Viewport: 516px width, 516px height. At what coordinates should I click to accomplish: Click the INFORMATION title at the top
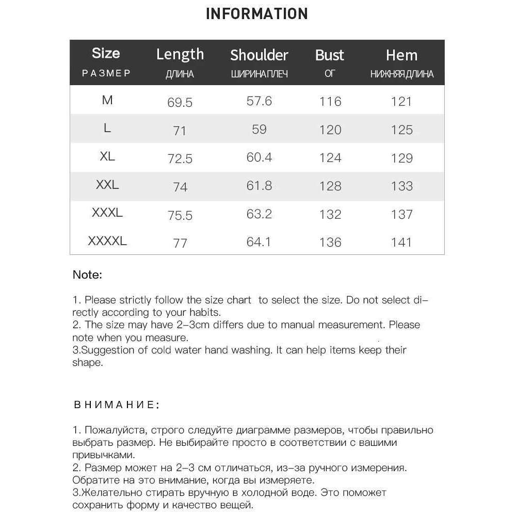256,13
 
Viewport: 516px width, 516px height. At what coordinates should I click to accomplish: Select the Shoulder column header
259,55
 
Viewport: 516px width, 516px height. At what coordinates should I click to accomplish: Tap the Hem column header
401,55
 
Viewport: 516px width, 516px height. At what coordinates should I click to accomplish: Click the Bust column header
329,55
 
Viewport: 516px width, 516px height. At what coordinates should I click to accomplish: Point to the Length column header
180,54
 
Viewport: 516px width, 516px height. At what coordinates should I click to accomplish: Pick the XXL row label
107,184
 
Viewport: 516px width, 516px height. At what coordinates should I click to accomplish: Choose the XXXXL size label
107,240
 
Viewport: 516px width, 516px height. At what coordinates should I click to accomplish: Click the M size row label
107,100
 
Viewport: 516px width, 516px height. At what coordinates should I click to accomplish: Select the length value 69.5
180,103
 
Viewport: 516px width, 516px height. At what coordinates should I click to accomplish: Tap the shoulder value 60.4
259,157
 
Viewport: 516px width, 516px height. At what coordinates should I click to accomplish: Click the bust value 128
330,185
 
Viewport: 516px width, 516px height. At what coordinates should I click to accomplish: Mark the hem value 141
401,241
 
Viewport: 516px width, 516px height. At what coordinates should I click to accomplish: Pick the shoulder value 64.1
259,241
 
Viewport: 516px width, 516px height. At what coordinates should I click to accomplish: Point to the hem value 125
401,130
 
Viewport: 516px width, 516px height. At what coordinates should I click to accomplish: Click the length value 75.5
180,215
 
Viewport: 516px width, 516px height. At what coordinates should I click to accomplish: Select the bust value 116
330,101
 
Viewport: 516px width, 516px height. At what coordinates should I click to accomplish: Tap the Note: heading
87,275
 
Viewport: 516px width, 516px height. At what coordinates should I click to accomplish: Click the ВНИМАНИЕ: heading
116,405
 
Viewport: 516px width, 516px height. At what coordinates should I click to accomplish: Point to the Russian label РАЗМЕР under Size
106,73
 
